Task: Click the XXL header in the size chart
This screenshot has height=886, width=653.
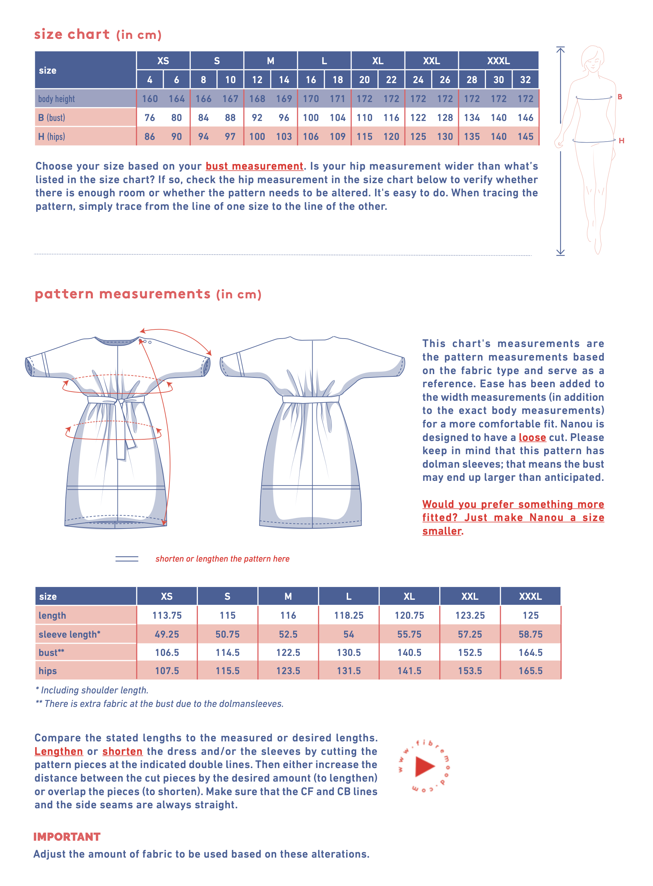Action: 431,61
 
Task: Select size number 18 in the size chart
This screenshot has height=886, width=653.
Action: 338,80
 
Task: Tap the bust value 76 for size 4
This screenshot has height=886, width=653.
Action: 150,118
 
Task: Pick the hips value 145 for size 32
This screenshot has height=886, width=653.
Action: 525,137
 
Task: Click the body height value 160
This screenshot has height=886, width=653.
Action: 150,99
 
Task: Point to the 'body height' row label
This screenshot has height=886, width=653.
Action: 56,99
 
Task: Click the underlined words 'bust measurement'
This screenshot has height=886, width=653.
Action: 254,166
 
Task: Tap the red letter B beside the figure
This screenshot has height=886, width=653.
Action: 620,97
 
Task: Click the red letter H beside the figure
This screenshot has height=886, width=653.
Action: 621,141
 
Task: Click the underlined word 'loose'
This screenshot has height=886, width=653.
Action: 532,438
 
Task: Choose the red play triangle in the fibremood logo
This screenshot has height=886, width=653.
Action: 424,766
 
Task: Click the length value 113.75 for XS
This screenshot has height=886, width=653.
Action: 167,615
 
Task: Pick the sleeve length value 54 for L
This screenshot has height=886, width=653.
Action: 349,635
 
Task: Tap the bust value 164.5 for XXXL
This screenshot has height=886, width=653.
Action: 530,653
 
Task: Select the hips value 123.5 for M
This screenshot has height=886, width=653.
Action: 288,671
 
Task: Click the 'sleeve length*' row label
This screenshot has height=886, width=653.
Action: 70,635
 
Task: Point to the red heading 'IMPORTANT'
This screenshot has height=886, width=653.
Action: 67,837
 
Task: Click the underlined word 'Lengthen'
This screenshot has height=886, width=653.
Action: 58,752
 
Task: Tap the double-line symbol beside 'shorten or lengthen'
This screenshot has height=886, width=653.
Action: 127,559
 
